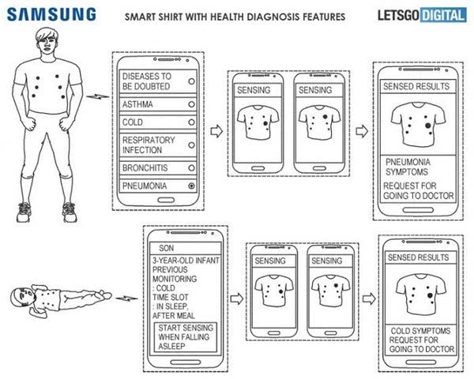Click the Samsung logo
[x=51, y=14]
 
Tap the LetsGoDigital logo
[x=422, y=16]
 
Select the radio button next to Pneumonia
[x=191, y=186]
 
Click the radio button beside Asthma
[x=191, y=104]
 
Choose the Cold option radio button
[x=191, y=122]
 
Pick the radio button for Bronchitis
[x=191, y=167]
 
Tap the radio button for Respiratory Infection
[x=191, y=145]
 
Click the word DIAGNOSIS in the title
[x=274, y=17]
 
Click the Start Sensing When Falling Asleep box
[x=186, y=337]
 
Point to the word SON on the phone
[x=166, y=248]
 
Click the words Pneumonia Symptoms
[x=408, y=167]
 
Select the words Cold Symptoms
[x=420, y=331]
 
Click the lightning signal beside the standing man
[x=97, y=96]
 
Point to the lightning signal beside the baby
[x=126, y=298]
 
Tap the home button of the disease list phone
[x=166, y=200]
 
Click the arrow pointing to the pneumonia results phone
[x=362, y=131]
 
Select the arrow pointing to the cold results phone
[x=369, y=299]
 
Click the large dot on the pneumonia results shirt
[x=427, y=125]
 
